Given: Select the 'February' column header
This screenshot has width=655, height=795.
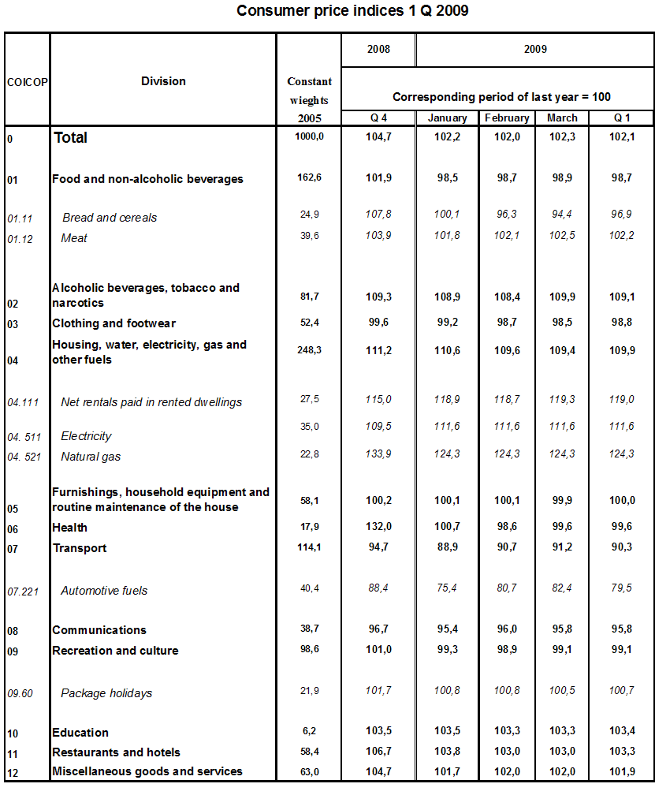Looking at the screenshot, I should tap(507, 118).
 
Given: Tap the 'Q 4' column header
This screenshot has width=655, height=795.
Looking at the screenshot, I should tap(378, 118).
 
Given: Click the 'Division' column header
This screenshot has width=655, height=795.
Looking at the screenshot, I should tap(163, 81).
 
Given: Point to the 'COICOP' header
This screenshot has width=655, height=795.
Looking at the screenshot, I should tap(27, 82).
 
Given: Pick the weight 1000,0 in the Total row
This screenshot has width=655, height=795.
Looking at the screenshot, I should tap(309, 136).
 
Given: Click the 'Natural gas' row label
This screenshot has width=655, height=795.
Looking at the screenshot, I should tap(91, 457).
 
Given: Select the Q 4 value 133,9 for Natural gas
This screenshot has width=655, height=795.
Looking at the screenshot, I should tap(378, 454).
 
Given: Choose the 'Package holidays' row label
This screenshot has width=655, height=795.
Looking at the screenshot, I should tap(106, 693).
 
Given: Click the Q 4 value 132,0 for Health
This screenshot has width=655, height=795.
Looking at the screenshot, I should tap(378, 526).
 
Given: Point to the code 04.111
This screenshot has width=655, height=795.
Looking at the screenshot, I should tap(22, 402).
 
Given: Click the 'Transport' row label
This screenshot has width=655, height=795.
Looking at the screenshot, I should tap(80, 548).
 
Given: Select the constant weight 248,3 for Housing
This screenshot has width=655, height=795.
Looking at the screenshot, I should tap(309, 349).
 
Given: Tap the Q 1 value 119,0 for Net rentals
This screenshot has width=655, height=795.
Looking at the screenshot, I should tap(621, 400).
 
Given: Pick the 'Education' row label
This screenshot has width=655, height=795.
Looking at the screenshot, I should tap(80, 733).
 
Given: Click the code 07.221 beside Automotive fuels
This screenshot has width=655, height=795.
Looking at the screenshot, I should tap(22, 591).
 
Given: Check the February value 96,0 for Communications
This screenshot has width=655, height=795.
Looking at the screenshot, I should tap(507, 629).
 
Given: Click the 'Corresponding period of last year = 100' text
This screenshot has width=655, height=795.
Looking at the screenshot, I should tap(501, 97).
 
